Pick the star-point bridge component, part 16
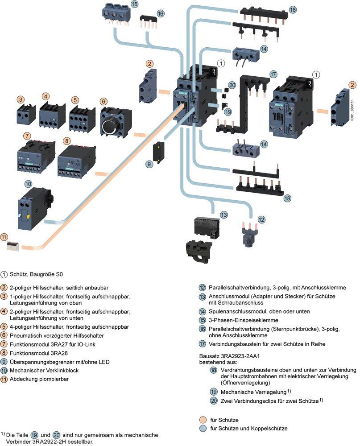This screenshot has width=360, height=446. coord(148,22)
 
